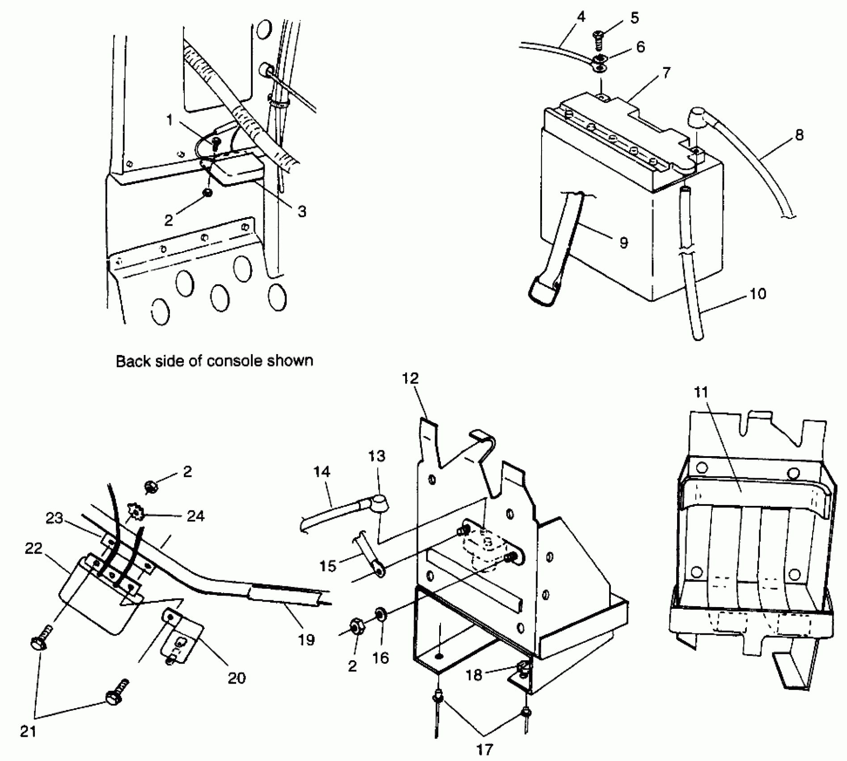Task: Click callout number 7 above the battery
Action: [x=666, y=73]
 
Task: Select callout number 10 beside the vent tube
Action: [x=758, y=294]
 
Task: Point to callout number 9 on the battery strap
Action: [x=623, y=242]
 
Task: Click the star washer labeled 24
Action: [x=134, y=511]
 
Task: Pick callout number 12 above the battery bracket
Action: [x=411, y=378]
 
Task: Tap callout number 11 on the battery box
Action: [x=701, y=393]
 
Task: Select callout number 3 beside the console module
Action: [x=302, y=211]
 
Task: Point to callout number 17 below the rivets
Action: [x=485, y=749]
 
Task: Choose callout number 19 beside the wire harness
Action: [x=307, y=640]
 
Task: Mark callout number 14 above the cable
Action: [x=322, y=471]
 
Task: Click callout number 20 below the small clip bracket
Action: [x=237, y=678]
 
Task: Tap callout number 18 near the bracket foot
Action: [x=474, y=675]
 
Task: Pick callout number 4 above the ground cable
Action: [x=581, y=17]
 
